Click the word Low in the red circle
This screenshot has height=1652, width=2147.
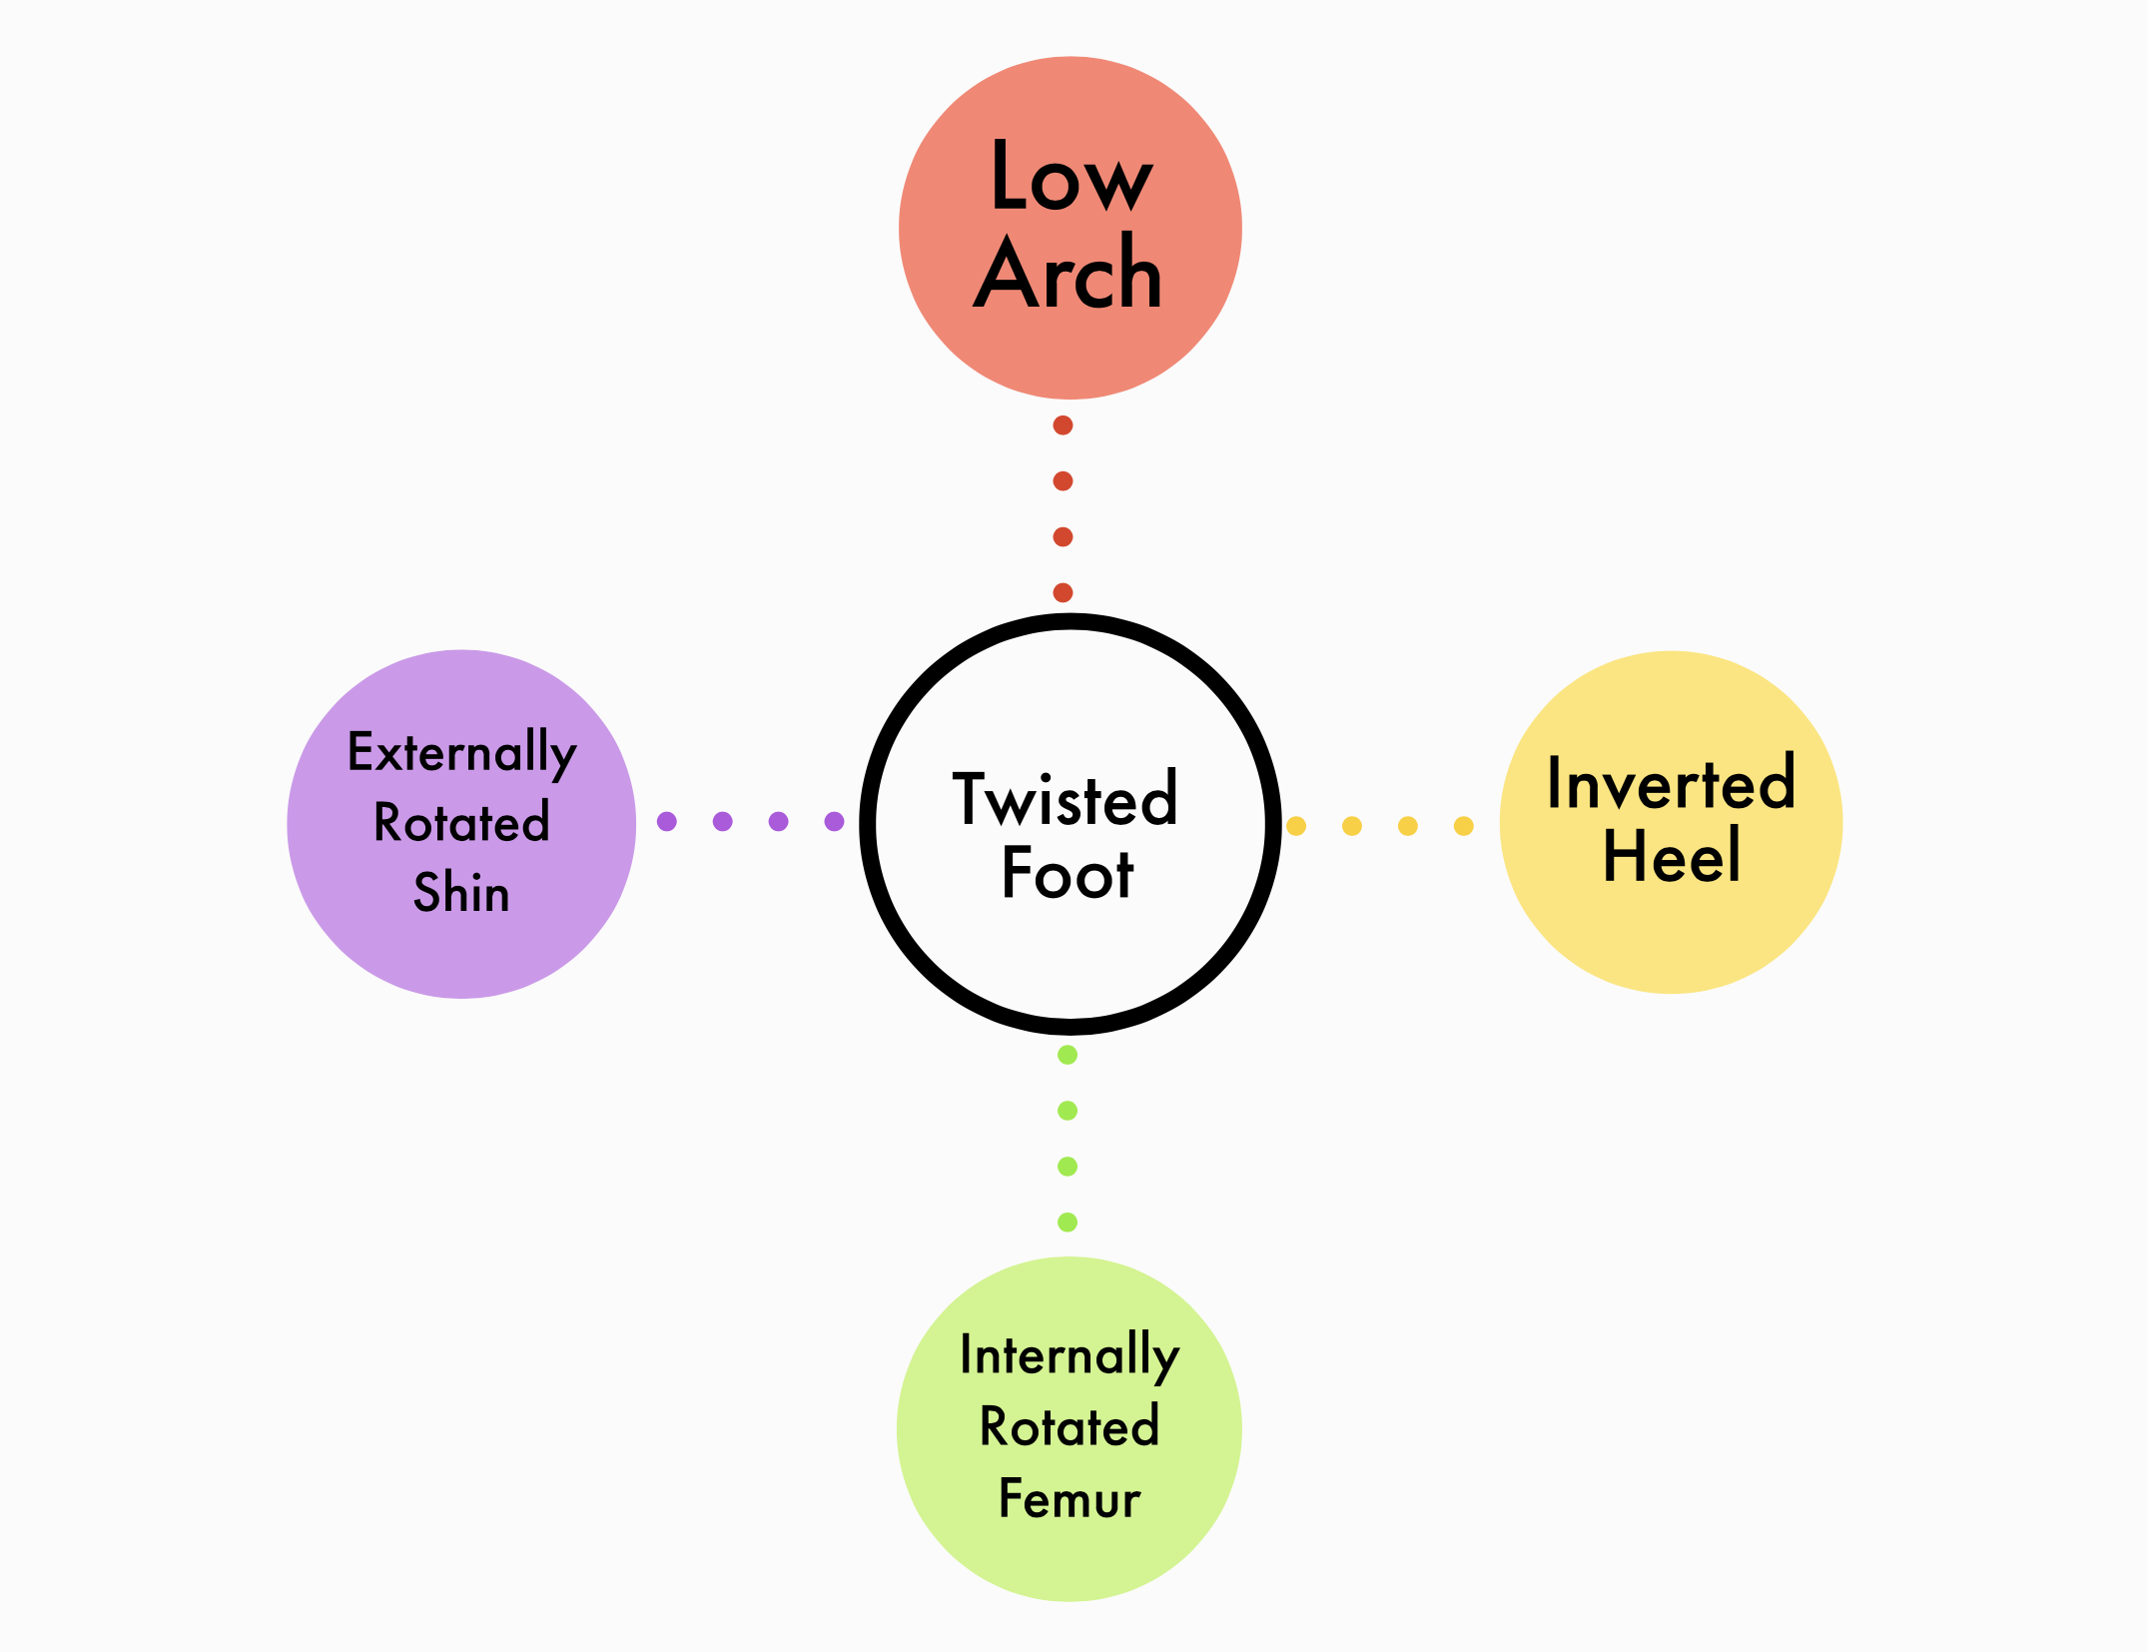coord(1071,177)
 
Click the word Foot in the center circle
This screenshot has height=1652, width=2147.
coord(1068,873)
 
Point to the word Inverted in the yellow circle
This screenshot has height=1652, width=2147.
coord(1671,784)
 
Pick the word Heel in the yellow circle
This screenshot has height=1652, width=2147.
coord(1672,856)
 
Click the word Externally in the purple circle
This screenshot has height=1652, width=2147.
coord(461,752)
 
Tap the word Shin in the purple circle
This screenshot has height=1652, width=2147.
coord(461,892)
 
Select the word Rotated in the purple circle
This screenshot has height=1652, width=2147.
coord(461,823)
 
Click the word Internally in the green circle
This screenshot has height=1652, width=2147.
coord(1070,1356)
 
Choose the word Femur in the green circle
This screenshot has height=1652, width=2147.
coord(1070,1498)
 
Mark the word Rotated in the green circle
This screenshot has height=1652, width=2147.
coord(1070,1426)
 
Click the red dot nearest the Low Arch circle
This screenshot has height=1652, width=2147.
coord(1064,425)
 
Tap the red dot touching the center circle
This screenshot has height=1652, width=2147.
coord(1064,593)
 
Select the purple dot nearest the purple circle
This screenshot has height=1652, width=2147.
coord(667,822)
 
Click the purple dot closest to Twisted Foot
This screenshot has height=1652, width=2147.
coord(835,822)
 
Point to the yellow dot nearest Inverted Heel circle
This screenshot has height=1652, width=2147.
coord(1464,826)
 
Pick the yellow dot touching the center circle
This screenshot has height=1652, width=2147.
coord(1296,826)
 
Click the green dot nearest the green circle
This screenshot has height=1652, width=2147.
coord(1068,1223)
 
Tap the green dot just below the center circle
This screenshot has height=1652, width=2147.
coord(1068,1055)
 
